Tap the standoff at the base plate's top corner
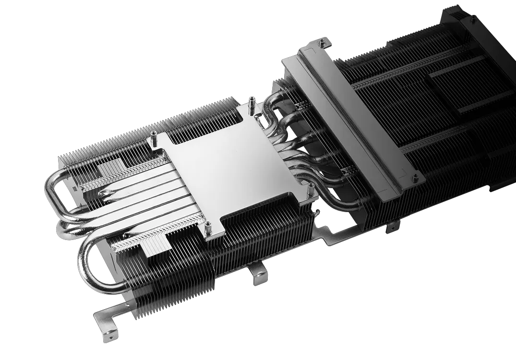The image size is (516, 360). pos(251,102)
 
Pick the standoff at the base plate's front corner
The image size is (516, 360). pos(208,228)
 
